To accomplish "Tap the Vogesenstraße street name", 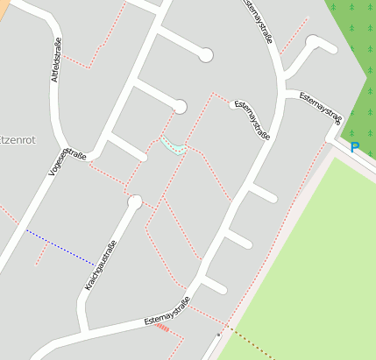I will pos(67,161).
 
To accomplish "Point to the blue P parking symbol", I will pos(354,148).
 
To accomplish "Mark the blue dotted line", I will pos(60,246).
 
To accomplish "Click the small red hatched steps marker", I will pos(163,329).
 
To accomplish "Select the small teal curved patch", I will pos(173,145).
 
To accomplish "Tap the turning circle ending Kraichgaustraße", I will pos(134,202).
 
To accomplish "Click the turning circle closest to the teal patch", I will pos(180,107).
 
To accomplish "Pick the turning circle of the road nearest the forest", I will pos(314,41).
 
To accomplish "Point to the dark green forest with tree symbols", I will pos(355,53).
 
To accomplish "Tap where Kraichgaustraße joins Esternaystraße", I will pos(85,331).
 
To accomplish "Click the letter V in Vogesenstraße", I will pos(52,173).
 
